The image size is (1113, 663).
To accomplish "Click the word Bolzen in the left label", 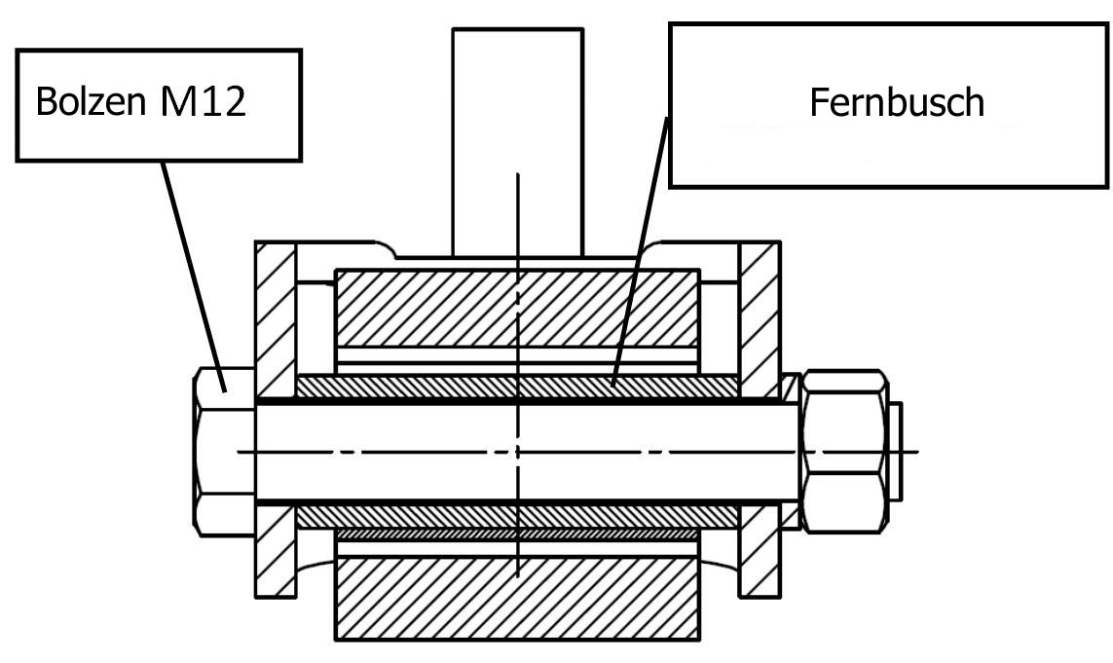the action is [x=91, y=101].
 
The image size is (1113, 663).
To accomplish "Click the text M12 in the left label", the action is [x=204, y=101].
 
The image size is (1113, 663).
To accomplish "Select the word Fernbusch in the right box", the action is [x=897, y=102].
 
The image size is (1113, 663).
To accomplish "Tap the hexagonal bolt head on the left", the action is [x=224, y=452].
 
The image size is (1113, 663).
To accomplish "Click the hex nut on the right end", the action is [x=844, y=451].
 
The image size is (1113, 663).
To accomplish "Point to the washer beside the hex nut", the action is [x=790, y=452].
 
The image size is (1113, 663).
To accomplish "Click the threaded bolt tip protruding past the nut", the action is [x=895, y=452].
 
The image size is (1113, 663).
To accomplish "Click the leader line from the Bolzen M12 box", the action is [x=193, y=276].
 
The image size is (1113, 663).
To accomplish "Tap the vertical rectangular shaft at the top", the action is [x=518, y=142].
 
